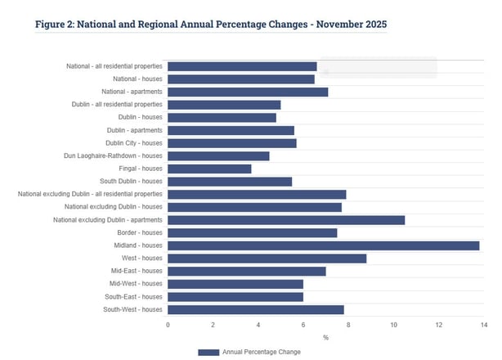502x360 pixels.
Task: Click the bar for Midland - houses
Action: click(x=323, y=245)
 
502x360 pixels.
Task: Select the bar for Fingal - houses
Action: click(x=209, y=169)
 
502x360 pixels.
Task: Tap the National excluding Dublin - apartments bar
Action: click(x=286, y=219)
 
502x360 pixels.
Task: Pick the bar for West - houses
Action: click(x=267, y=258)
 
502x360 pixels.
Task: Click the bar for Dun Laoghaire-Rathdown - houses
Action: click(x=218, y=155)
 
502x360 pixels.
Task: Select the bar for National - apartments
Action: click(x=248, y=92)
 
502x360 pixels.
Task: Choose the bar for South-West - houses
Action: click(x=255, y=309)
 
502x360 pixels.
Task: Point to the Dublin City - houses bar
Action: click(x=232, y=143)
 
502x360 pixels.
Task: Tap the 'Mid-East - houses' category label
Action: click(x=133, y=271)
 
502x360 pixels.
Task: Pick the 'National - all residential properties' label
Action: click(x=114, y=66)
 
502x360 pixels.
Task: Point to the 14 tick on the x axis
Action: click(x=484, y=325)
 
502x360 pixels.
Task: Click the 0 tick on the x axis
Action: click(x=168, y=325)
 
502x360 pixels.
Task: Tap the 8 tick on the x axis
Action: click(x=348, y=325)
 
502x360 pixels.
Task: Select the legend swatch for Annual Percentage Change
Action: click(x=208, y=352)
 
